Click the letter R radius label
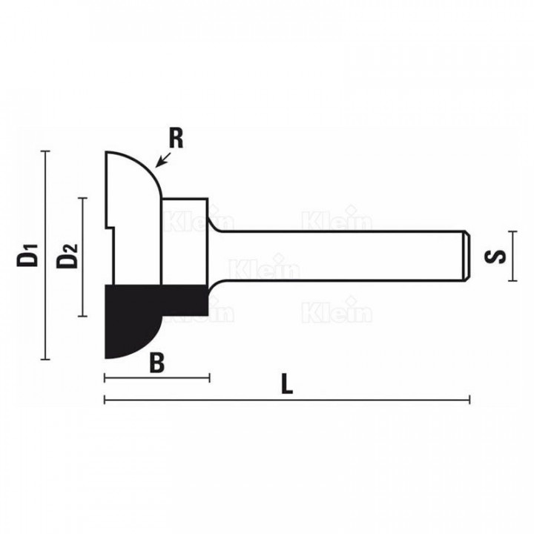(176, 139)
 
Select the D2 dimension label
(67, 256)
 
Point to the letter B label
(157, 363)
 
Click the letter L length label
(287, 384)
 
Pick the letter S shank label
(495, 257)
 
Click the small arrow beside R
(163, 159)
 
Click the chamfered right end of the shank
(467, 256)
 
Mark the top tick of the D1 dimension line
(45, 151)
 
